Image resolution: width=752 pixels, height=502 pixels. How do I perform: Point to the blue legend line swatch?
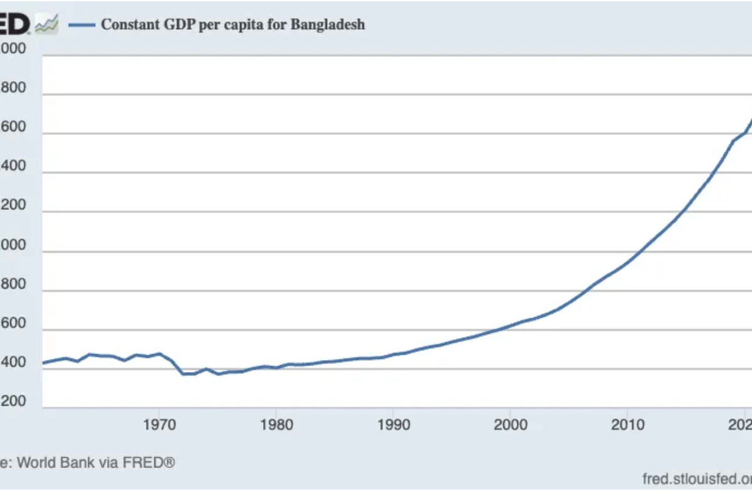[81, 25]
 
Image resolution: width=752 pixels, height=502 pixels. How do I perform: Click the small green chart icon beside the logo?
[47, 25]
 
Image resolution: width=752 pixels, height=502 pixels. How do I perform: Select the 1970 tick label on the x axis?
[159, 424]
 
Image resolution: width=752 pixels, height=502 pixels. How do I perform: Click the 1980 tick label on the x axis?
[276, 424]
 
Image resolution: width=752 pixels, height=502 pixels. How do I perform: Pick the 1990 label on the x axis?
[393, 424]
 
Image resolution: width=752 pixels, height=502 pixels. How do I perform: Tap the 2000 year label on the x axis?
[510, 424]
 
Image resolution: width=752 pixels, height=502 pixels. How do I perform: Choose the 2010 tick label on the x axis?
[627, 424]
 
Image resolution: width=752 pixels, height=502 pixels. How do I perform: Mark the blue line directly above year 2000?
[510, 326]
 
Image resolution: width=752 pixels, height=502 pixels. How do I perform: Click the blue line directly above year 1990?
[393, 355]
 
